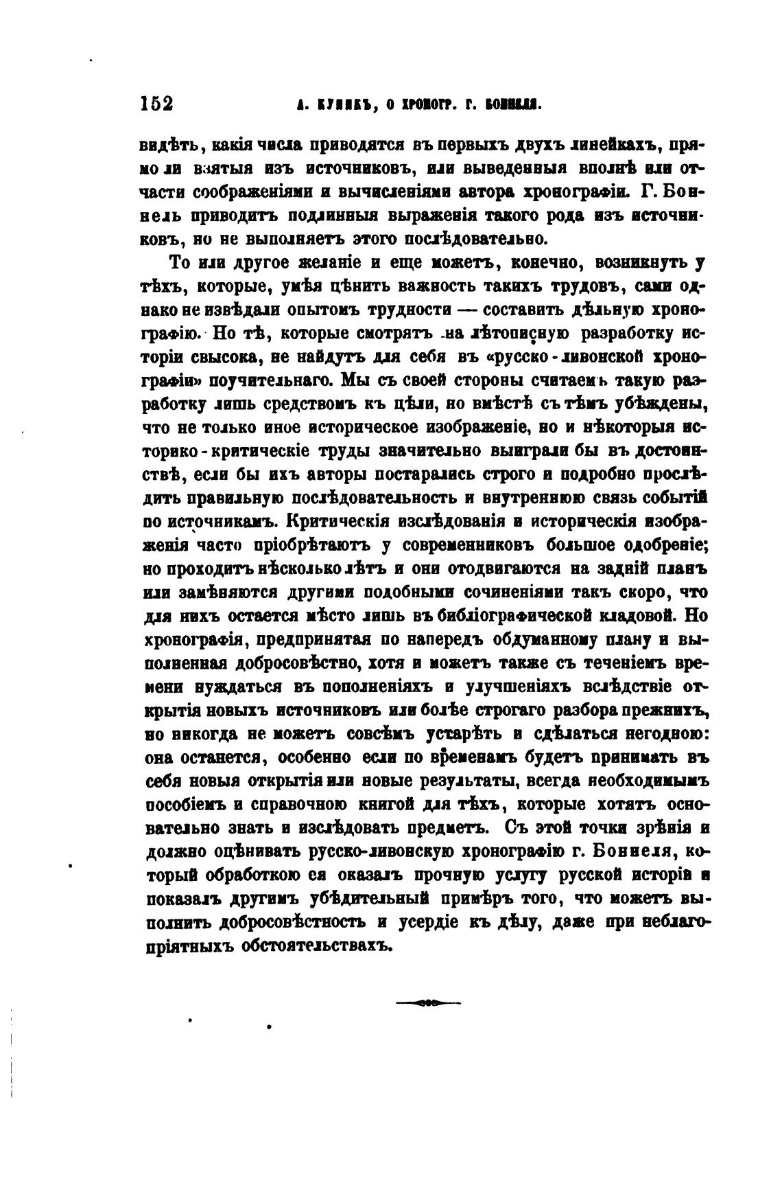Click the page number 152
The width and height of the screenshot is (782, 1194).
pyautogui.click(x=156, y=104)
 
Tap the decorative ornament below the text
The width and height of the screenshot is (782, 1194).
pyautogui.click(x=428, y=1002)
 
